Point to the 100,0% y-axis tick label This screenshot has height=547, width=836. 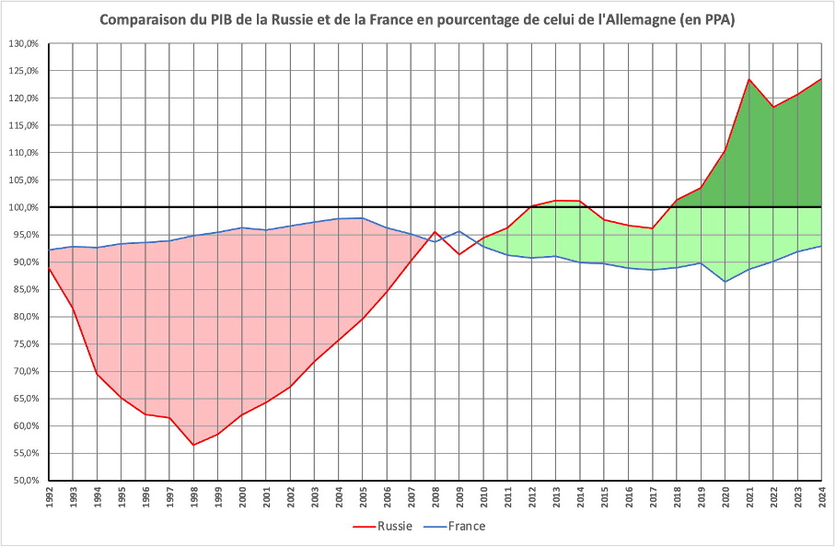tap(24, 207)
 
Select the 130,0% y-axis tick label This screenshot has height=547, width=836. tap(24, 43)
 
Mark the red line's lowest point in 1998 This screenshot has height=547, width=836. tap(193, 445)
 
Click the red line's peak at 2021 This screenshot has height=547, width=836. tap(749, 79)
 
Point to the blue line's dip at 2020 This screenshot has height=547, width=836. tap(726, 281)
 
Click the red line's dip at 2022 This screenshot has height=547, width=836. tap(773, 107)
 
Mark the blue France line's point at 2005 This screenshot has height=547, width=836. tap(363, 218)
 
